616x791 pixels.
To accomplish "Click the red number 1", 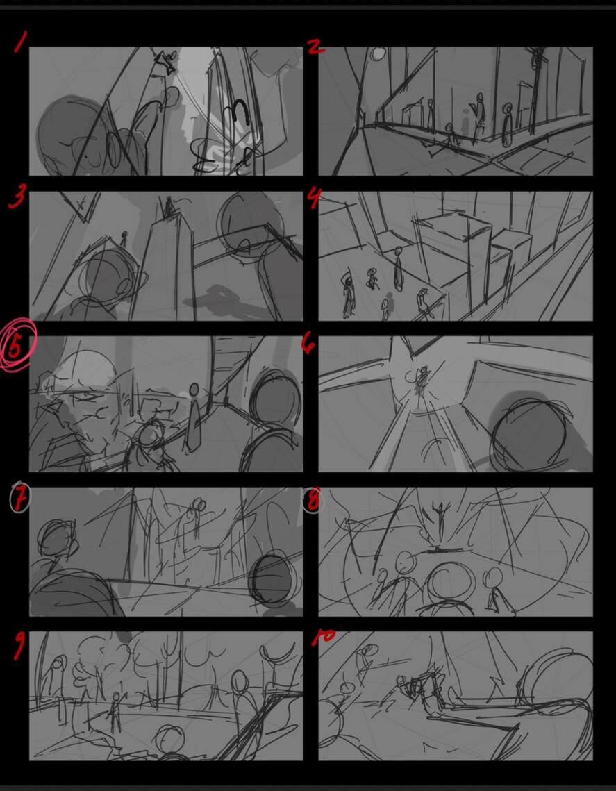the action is click(20, 42).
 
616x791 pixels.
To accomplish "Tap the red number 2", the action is click(316, 47).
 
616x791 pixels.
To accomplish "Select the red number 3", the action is click(17, 197).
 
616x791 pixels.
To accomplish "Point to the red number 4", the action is click(313, 197).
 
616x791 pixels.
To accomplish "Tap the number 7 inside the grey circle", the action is click(19, 499).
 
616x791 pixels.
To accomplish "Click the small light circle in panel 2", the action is click(378, 53).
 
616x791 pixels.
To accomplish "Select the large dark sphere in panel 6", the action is click(530, 435).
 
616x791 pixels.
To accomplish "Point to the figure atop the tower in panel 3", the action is click(169, 207).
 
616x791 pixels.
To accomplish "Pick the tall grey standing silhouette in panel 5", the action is click(194, 417).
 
